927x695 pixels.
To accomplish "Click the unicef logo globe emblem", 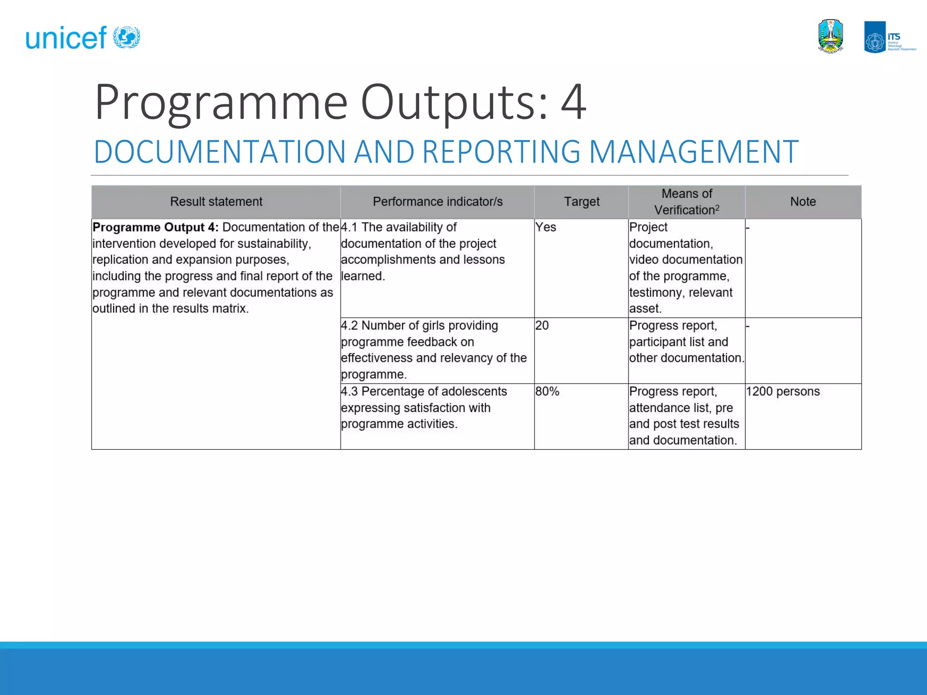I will coord(126,37).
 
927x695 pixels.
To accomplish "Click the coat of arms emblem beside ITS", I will coord(831,37).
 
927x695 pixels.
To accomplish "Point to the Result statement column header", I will coord(216,202).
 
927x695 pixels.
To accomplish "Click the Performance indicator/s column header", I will coord(437,202).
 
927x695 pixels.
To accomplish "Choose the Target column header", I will coord(581,202).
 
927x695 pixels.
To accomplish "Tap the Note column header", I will coord(803,202).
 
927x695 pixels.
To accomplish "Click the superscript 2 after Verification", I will coord(717,207).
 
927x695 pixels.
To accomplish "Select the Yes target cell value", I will coord(545,227).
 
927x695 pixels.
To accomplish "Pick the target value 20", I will coord(542,325).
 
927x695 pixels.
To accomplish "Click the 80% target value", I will coord(547,391).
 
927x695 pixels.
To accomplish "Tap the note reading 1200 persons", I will coord(783,391).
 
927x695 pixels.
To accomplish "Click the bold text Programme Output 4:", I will coord(155,227).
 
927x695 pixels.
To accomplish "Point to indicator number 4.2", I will coord(349,325).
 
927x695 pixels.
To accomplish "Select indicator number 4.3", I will coord(349,391).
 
